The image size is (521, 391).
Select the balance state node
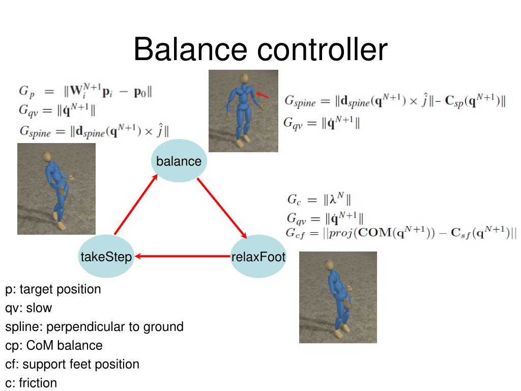click(179, 161)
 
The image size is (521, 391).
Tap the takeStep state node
click(106, 257)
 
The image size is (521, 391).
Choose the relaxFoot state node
click(258, 257)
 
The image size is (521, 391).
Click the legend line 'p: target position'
click(53, 290)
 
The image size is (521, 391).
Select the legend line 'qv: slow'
click(28, 308)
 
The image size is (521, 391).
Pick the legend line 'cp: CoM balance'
click(54, 346)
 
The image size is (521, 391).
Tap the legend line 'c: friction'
click(31, 383)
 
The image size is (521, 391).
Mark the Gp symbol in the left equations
click(27, 92)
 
